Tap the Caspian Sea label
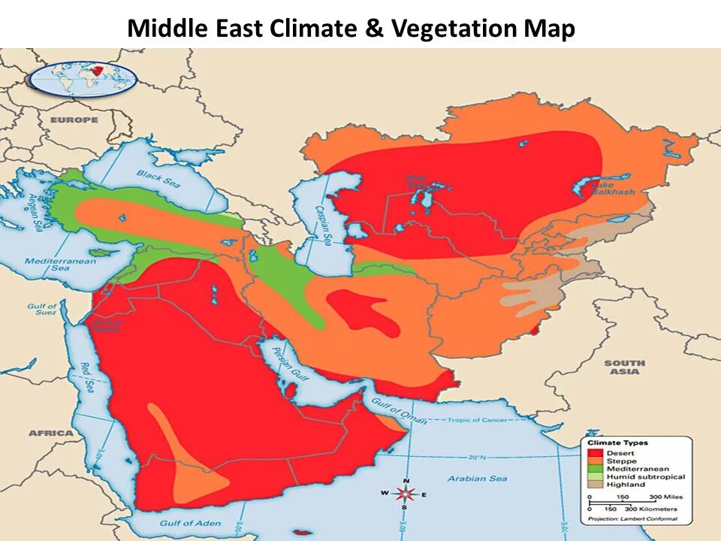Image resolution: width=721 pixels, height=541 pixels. pyautogui.click(x=324, y=225)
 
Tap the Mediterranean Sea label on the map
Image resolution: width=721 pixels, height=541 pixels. pyautogui.click(x=50, y=264)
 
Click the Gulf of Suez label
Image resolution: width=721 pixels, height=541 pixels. pyautogui.click(x=43, y=310)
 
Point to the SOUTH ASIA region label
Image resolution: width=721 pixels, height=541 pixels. pyautogui.click(x=625, y=367)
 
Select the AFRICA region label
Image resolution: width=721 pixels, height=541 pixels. pyautogui.click(x=50, y=434)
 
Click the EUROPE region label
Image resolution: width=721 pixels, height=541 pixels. pyautogui.click(x=74, y=120)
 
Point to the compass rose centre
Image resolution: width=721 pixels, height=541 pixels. pyautogui.click(x=406, y=494)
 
